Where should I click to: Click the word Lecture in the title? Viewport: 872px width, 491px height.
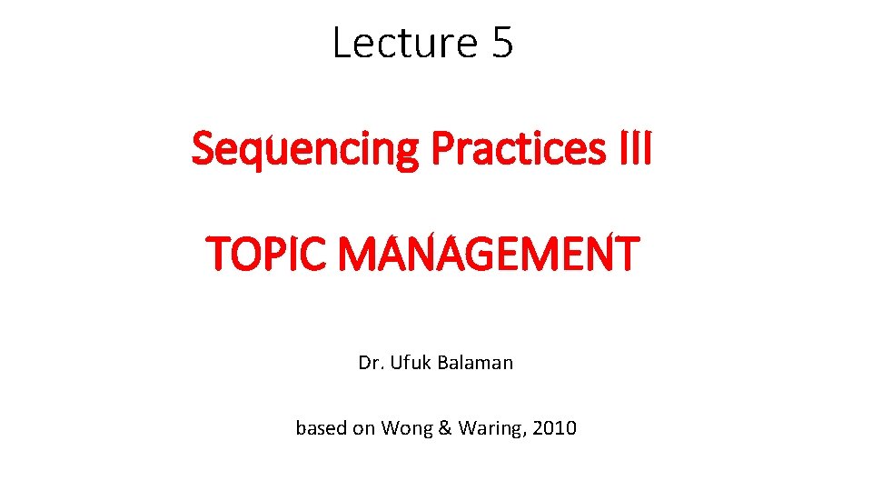(x=405, y=43)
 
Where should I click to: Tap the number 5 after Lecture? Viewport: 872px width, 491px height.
(x=502, y=43)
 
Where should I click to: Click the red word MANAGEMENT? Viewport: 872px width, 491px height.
(x=489, y=254)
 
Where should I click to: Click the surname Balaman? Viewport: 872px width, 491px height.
(x=476, y=363)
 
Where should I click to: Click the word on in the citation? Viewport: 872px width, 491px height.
(x=365, y=428)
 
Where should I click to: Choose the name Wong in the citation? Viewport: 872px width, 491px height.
(x=405, y=428)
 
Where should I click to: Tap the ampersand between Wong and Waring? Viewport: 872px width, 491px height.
(x=444, y=427)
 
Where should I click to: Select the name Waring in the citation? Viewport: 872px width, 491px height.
(x=490, y=428)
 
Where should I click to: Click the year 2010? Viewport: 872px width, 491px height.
(x=555, y=427)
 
